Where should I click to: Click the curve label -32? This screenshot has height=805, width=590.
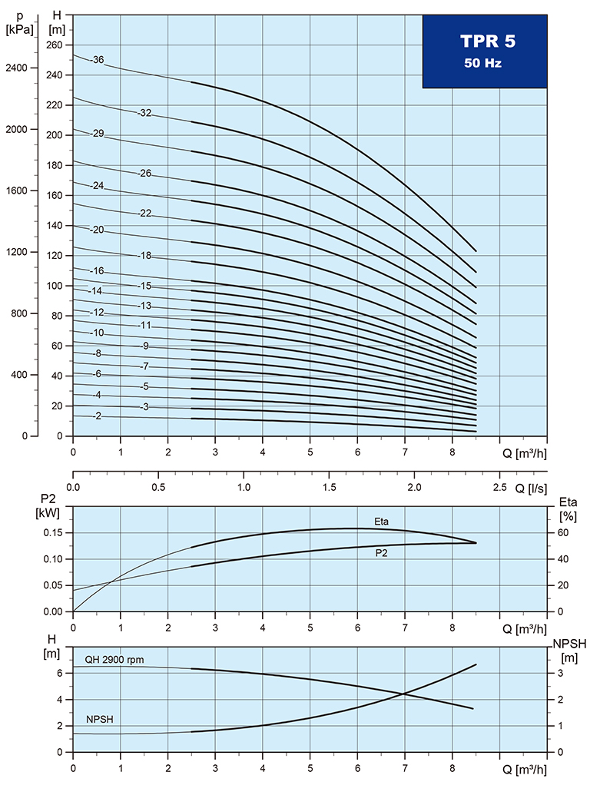tap(144, 113)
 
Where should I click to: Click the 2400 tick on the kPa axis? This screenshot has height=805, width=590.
tap(16, 68)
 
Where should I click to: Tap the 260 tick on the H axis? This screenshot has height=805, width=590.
tap(54, 45)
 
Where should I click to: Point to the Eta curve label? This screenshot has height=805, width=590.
tap(382, 522)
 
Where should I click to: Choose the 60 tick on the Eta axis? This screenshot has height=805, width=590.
tap(562, 532)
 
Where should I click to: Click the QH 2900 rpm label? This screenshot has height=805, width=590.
tap(114, 660)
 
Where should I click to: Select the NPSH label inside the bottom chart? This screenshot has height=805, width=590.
tap(98, 719)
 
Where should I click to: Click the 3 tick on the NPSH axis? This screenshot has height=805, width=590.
tap(561, 673)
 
